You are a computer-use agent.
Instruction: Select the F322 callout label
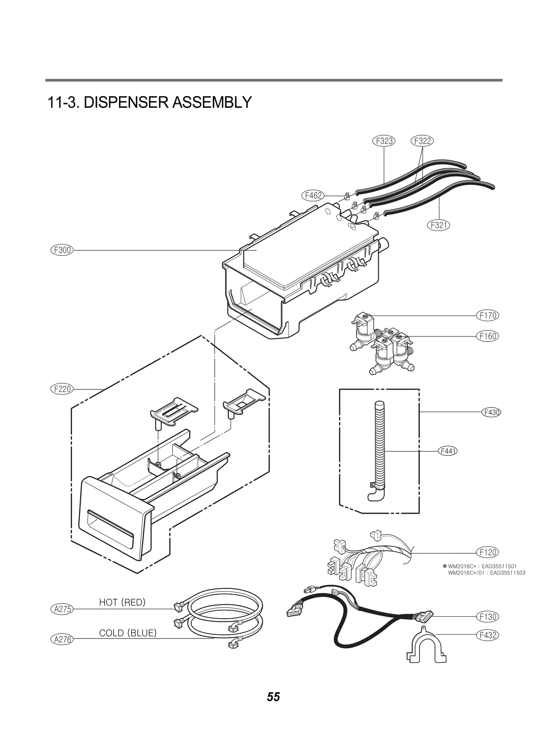pos(422,141)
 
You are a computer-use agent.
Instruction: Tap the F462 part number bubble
pos(313,195)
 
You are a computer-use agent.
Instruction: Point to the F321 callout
pos(439,225)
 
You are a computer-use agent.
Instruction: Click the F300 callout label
pos(62,250)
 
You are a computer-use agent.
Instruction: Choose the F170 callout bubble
pos(487,316)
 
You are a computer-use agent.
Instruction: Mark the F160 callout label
pos(487,336)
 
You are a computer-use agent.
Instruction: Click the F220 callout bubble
pos(62,389)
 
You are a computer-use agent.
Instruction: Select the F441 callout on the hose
pos(447,451)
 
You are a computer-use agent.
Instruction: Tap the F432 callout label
pos(487,635)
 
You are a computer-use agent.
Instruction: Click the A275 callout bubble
pos(62,609)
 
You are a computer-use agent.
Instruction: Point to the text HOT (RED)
pos(122,603)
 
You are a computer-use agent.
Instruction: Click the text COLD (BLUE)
pos(128,633)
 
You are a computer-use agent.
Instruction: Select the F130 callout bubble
pos(487,617)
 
